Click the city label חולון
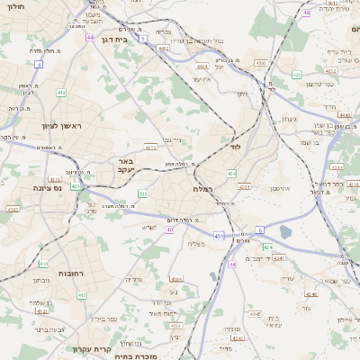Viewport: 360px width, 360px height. point(16,16)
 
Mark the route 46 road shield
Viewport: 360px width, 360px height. point(306,13)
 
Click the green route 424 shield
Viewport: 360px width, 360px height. point(267,247)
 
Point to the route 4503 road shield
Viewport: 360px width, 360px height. point(260,63)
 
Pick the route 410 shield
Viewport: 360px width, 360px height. point(44,264)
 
